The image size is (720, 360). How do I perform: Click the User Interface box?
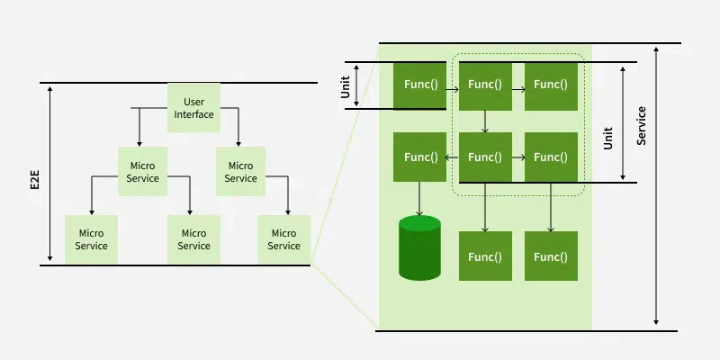193,108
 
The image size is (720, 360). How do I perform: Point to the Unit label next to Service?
608,136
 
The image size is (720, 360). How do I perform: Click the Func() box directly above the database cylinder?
420,157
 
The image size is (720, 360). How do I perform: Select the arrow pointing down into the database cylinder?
419,199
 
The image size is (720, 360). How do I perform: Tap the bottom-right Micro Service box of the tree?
283,239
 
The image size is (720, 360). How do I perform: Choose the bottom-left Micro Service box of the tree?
91,239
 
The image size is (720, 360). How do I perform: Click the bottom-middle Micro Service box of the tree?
193,239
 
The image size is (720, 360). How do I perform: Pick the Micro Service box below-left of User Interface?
143,172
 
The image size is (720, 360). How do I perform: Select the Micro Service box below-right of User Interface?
240,172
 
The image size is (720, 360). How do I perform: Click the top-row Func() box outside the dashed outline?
420,85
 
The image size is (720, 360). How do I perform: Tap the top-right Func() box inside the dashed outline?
551,85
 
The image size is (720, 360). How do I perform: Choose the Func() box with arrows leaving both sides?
485,157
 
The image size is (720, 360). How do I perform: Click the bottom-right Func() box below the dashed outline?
551,256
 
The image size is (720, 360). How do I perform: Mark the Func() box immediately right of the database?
485,256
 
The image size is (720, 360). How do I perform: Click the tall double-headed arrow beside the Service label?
657,184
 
